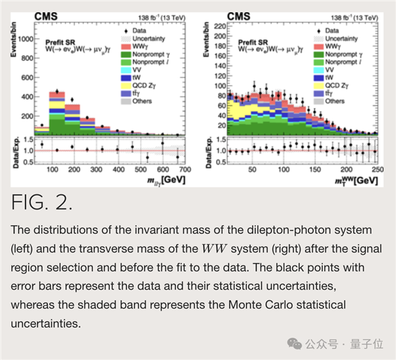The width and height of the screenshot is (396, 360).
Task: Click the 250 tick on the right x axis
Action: [376, 170]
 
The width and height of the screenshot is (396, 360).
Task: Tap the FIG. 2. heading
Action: [42, 202]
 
